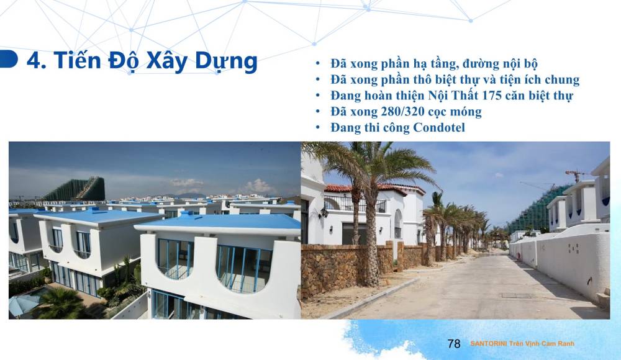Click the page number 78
tap(454, 344)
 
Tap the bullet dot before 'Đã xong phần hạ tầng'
tap(319, 64)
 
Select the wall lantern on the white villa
tap(323, 213)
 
